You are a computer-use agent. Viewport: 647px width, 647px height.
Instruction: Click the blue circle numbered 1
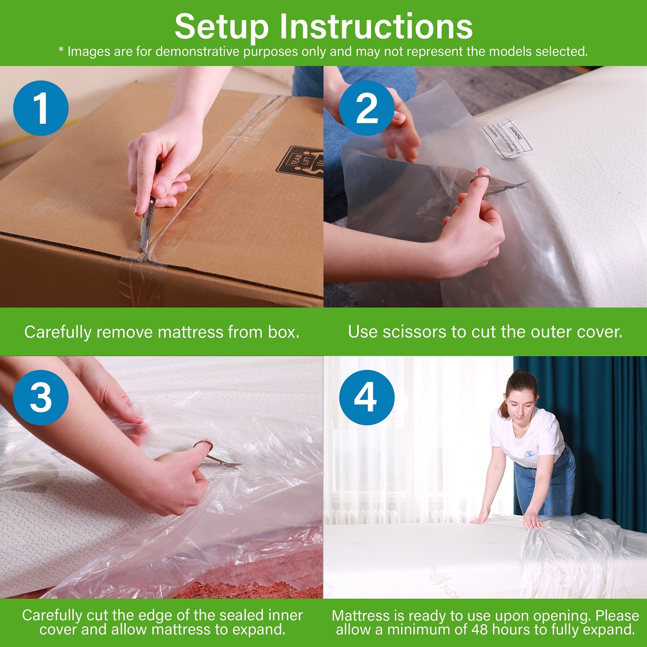[41, 108]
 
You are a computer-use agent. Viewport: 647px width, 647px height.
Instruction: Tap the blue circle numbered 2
[367, 108]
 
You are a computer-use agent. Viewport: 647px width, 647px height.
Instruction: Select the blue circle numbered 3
[41, 398]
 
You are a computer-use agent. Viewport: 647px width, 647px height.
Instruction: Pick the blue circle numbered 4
[367, 398]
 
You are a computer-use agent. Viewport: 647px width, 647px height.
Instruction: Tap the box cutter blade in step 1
[146, 228]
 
